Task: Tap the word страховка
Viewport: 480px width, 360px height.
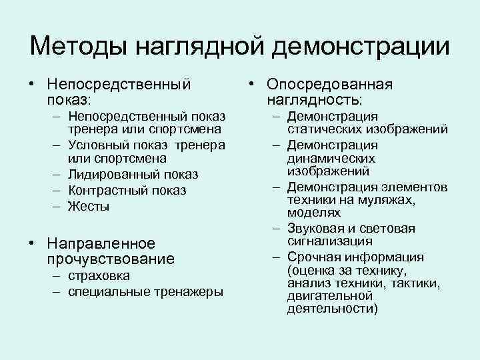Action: (x=98, y=276)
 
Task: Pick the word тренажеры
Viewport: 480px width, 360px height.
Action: (x=191, y=292)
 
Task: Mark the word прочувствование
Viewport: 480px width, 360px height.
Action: (x=111, y=259)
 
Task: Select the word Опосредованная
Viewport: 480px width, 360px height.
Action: (x=329, y=85)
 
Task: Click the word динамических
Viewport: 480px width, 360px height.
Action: (x=331, y=159)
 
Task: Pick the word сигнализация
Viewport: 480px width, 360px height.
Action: (x=330, y=241)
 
